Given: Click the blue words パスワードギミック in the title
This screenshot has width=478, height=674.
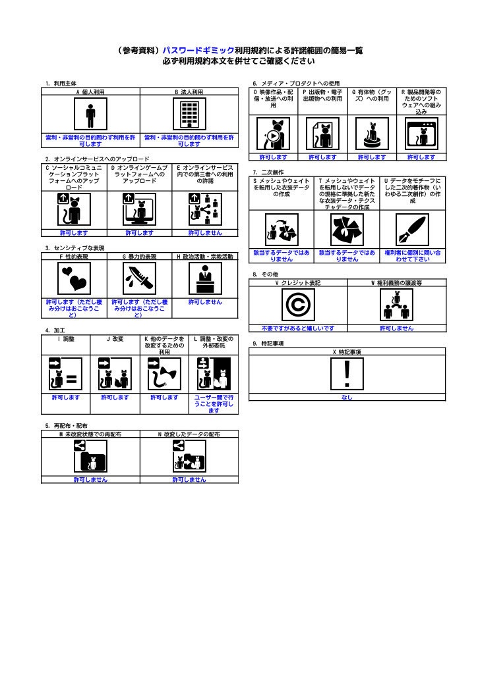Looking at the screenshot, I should (199, 50).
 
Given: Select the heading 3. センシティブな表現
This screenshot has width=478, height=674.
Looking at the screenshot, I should (75, 248).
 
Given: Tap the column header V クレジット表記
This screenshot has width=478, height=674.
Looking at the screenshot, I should (298, 282).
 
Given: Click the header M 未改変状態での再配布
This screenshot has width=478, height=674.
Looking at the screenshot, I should (90, 434).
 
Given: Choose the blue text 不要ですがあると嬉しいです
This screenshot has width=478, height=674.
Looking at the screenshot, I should (298, 328).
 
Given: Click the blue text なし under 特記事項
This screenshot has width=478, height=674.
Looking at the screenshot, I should (347, 398).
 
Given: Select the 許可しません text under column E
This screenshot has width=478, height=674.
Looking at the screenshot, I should (205, 232).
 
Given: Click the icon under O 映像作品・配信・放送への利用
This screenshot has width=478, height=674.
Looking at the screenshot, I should (273, 134).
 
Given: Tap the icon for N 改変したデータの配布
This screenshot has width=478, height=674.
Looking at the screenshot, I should (189, 456).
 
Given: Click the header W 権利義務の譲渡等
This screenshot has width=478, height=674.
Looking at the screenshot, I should (396, 282).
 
